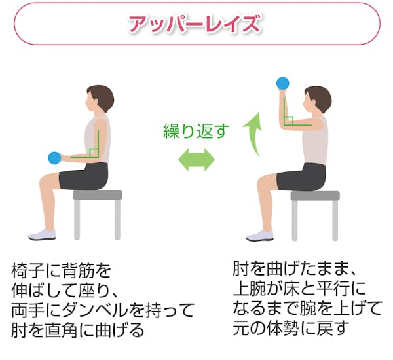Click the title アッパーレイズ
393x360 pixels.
coord(195,24)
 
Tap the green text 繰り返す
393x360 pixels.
coord(196,131)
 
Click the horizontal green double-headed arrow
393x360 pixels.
coord(196,160)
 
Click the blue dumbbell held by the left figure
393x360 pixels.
coord(54,158)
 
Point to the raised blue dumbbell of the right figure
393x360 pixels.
coord(282,83)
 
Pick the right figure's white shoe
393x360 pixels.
coord(260,235)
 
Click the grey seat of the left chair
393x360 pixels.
coord(98,194)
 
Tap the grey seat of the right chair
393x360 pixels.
coord(315,195)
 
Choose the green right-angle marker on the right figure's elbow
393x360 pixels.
coord(288,120)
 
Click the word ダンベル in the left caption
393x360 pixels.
coord(91,309)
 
